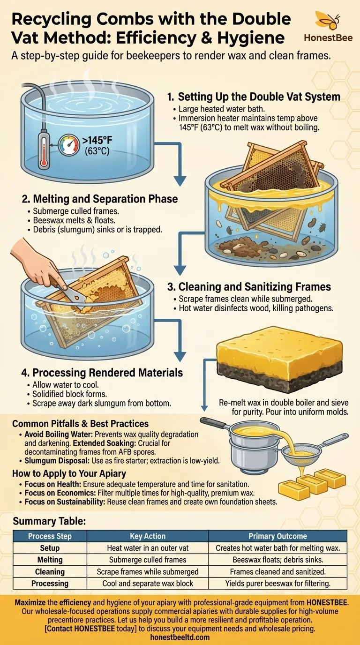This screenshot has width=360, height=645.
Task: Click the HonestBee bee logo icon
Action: pyautogui.click(x=328, y=21)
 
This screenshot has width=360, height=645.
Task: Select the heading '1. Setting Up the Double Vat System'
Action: pyautogui.click(x=254, y=97)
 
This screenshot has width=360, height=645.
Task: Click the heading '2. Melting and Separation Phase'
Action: pyautogui.click(x=100, y=199)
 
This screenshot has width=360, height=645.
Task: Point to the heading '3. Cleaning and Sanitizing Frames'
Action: pyautogui.click(x=249, y=287)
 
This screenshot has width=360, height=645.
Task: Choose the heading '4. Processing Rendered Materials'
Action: pyautogui.click(x=102, y=373)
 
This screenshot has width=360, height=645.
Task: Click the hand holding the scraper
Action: pyautogui.click(x=37, y=261)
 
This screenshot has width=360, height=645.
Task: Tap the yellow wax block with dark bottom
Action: pyautogui.click(x=279, y=359)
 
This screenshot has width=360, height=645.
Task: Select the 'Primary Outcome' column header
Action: pyautogui.click(x=277, y=536)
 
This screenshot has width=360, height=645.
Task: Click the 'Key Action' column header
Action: pyautogui.click(x=148, y=536)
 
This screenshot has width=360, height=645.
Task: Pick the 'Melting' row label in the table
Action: pyautogui.click(x=50, y=560)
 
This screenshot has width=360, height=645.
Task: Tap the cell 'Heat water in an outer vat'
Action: pyautogui.click(x=148, y=548)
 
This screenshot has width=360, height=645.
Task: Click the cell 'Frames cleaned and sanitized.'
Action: pyautogui.click(x=277, y=571)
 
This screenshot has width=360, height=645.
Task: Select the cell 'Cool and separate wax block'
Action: pyautogui.click(x=148, y=584)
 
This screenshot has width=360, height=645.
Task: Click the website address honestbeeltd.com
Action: pyautogui.click(x=180, y=637)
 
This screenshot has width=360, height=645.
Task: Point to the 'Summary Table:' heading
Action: pyautogui.click(x=49, y=521)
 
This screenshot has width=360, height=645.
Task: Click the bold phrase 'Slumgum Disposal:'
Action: pyautogui.click(x=57, y=461)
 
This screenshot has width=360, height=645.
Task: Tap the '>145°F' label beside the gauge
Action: pyautogui.click(x=97, y=141)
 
